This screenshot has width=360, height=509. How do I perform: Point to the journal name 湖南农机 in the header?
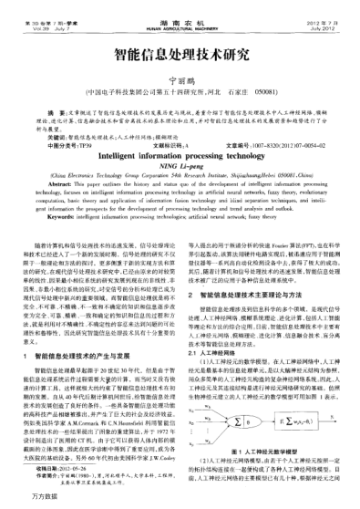pos(180,7)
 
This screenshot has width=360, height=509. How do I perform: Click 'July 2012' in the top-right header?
pos(324,15)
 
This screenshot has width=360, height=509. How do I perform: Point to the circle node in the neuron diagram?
pos(267,394)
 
